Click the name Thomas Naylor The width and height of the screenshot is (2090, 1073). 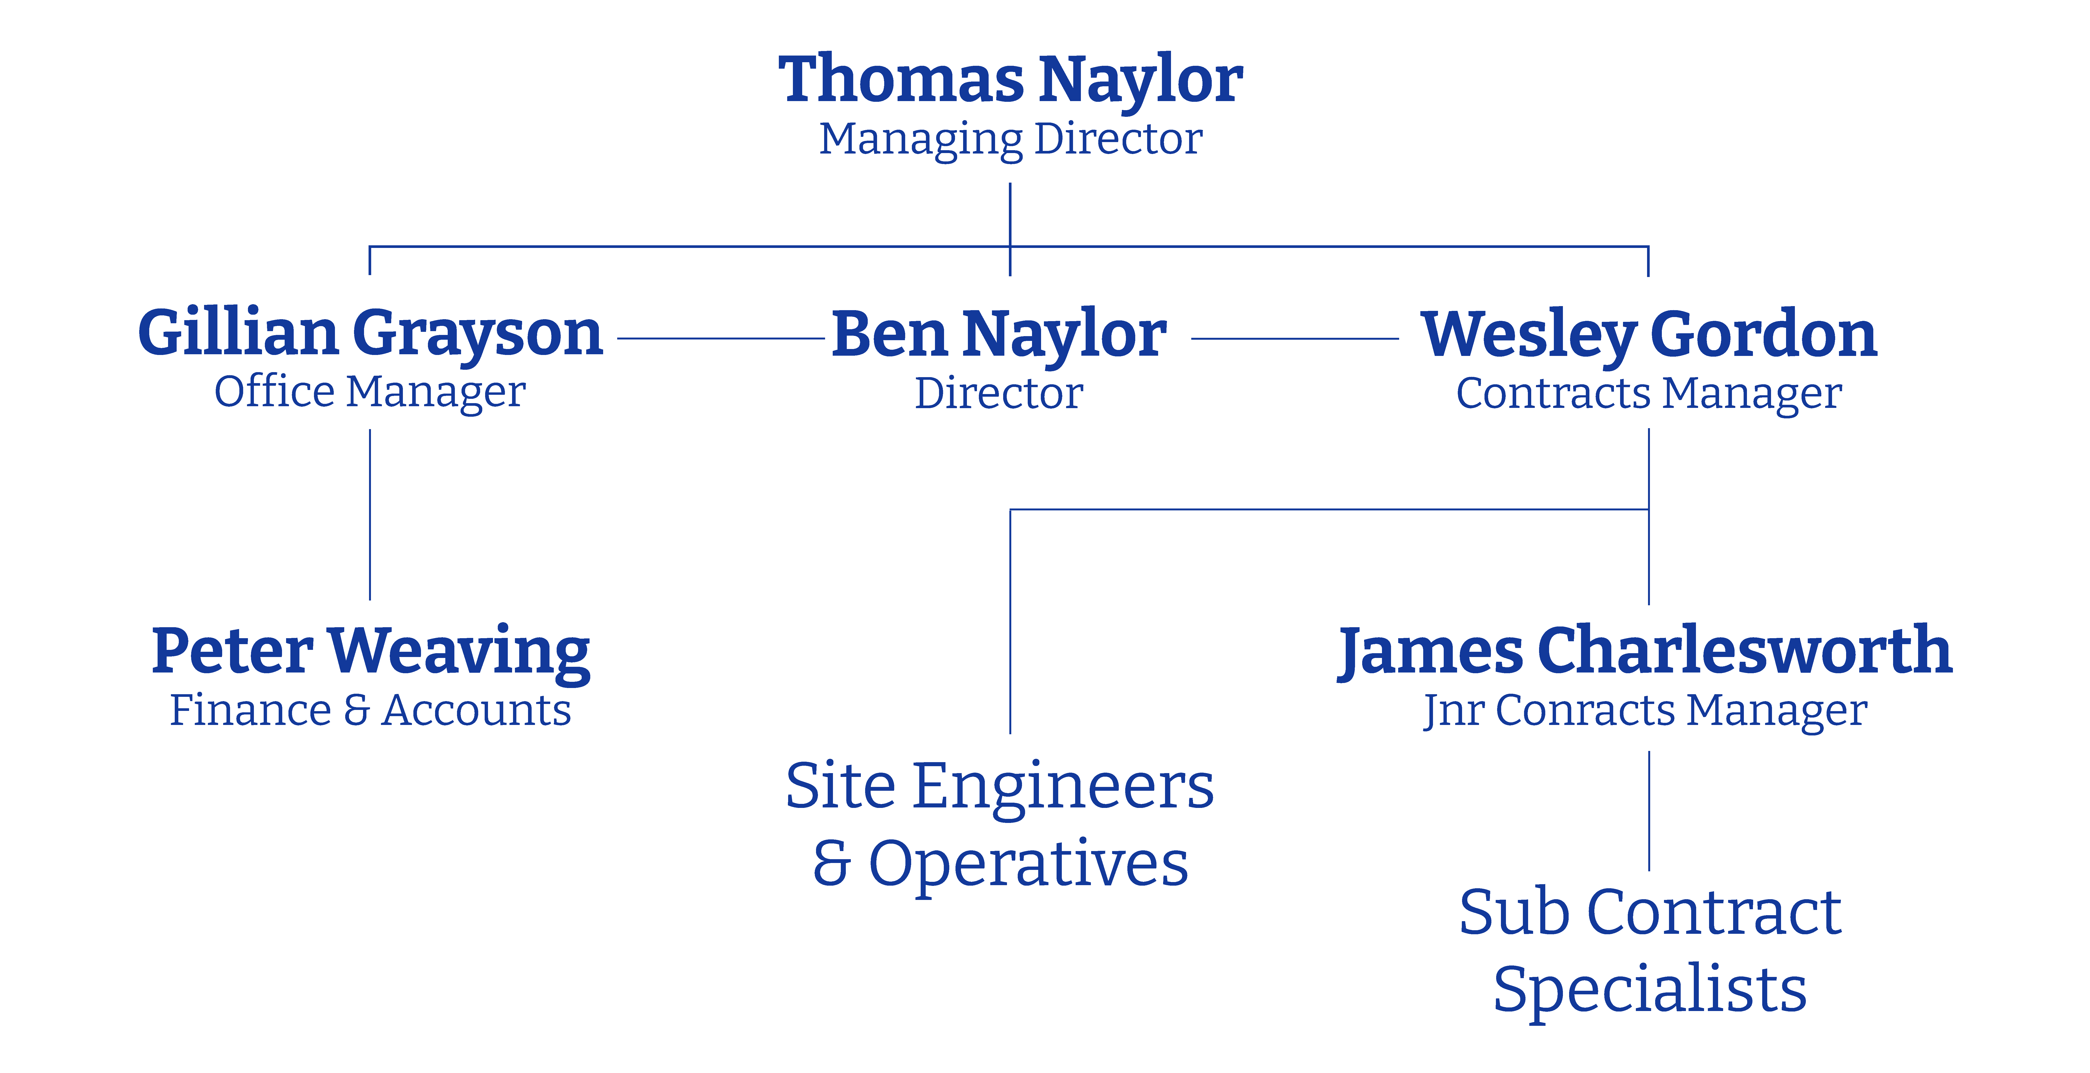coord(1010,81)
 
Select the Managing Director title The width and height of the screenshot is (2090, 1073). coord(1010,139)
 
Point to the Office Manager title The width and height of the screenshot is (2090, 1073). coord(370,393)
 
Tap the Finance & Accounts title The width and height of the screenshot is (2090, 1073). coord(370,710)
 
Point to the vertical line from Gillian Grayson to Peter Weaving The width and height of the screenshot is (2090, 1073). coord(370,515)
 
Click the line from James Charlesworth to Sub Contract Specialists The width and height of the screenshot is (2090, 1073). coord(1649,811)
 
